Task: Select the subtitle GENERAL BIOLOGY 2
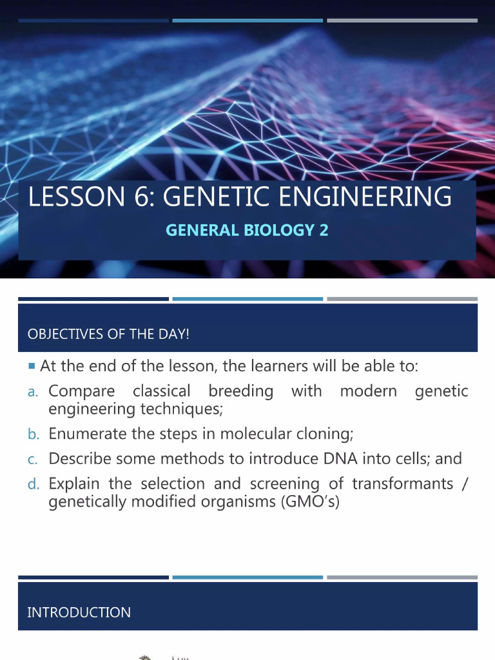click(x=247, y=230)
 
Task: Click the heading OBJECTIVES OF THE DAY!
click(x=108, y=335)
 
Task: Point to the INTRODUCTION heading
click(x=79, y=612)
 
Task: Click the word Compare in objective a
click(x=82, y=391)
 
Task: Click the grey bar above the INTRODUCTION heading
click(x=402, y=577)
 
